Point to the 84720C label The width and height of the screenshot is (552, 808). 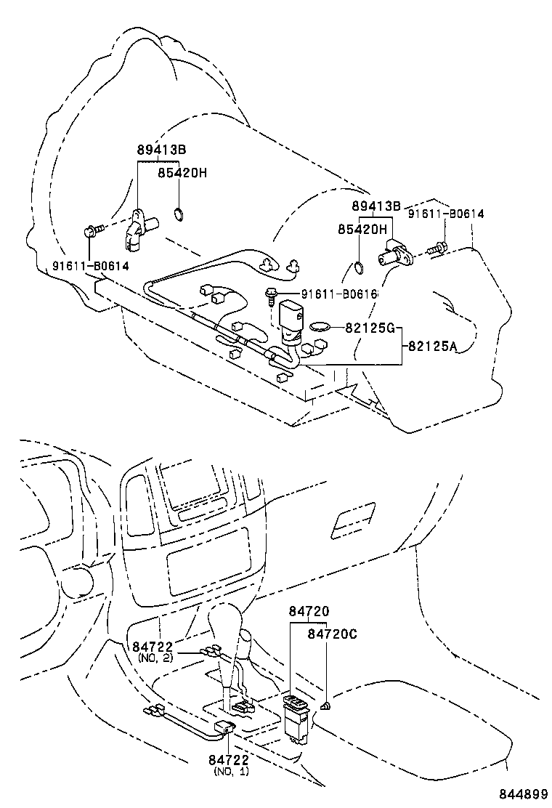[332, 634]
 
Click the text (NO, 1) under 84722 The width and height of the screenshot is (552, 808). [231, 771]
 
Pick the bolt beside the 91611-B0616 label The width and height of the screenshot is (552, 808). [271, 294]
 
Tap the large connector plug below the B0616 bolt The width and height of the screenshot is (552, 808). [291, 320]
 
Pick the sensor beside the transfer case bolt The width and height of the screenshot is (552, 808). [395, 252]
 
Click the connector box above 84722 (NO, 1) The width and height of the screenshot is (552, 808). [224, 730]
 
